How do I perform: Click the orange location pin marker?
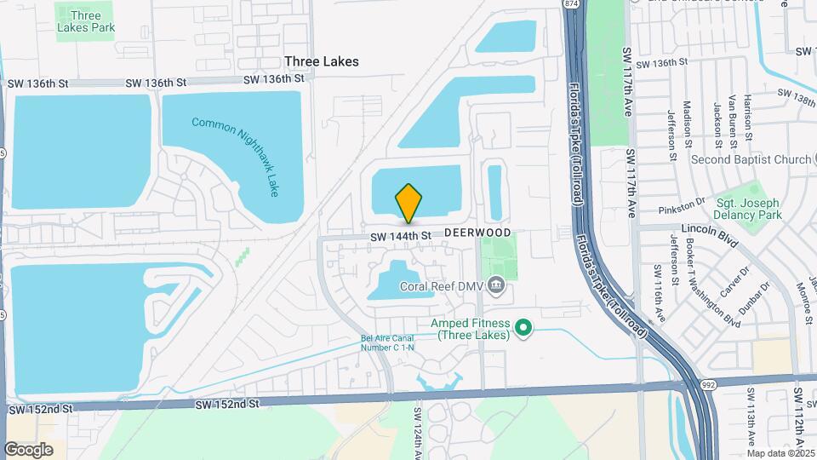[408, 203]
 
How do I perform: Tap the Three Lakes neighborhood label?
[322, 61]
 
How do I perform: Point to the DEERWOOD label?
[477, 233]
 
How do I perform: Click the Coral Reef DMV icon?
[497, 287]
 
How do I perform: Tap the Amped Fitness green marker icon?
[525, 328]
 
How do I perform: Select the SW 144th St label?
[396, 236]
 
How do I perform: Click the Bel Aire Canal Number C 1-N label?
[389, 342]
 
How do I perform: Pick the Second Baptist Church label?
[751, 159]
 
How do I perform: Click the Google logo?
[28, 449]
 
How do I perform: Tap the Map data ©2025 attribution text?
[780, 453]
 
